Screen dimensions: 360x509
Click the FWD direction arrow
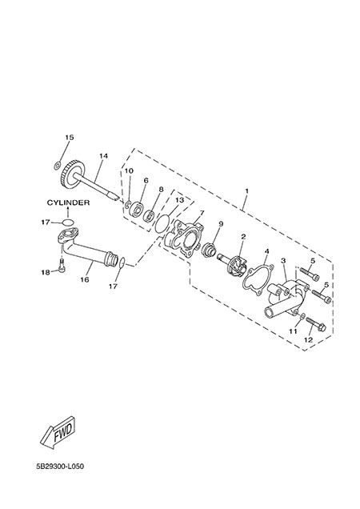[x=58, y=432]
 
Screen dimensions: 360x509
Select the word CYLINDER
[x=68, y=202]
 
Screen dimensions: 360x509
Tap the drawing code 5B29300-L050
[x=60, y=467]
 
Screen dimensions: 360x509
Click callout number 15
[x=70, y=138]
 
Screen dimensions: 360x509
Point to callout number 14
[x=103, y=156]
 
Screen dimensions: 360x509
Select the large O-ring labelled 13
[x=162, y=223]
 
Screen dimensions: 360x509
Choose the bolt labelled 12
[x=316, y=323]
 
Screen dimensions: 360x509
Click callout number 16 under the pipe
[x=85, y=279]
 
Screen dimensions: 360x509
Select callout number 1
[x=246, y=191]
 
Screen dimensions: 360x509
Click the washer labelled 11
[x=301, y=316]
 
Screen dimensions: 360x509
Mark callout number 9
[x=221, y=223]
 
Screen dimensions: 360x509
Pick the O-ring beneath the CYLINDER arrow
[x=68, y=222]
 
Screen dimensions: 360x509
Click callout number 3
[x=283, y=261]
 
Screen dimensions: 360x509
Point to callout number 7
[x=202, y=213]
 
